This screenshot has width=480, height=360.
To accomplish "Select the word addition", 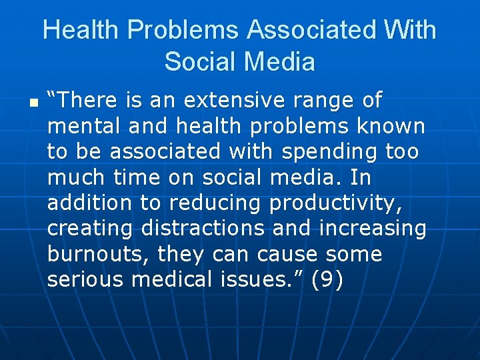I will (x=91, y=203).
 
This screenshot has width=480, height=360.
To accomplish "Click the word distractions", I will (x=203, y=229).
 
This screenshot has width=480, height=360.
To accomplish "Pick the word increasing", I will (x=373, y=229).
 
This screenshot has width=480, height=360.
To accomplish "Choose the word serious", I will (x=85, y=280).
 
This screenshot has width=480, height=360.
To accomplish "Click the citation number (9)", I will (x=327, y=280).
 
